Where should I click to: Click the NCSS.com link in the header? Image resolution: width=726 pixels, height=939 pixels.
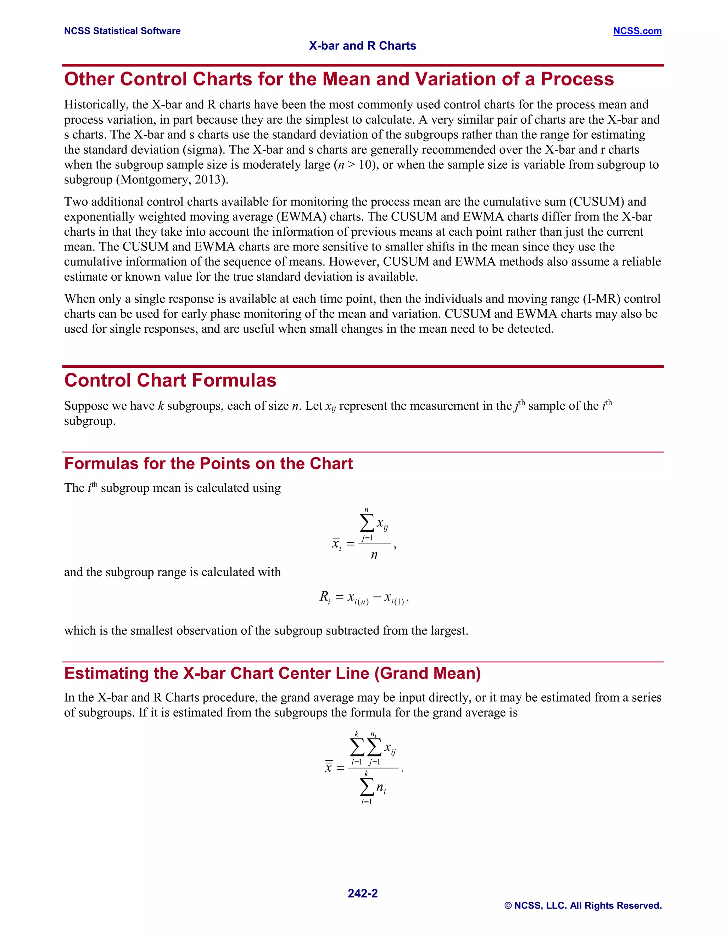click(x=637, y=31)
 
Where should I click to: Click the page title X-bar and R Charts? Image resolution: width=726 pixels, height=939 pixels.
click(x=362, y=46)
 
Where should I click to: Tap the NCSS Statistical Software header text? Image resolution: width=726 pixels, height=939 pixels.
click(x=122, y=31)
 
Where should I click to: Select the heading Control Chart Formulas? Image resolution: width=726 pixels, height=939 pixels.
click(x=170, y=381)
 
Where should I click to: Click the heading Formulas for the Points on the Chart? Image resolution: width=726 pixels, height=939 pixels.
click(x=208, y=463)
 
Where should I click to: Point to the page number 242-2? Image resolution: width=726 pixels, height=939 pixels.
click(x=362, y=893)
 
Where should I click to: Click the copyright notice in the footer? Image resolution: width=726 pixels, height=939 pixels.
click(x=583, y=905)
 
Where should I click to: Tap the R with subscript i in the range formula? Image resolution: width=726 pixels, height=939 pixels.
click(x=325, y=597)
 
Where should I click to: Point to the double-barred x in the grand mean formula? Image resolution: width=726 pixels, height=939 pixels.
click(x=329, y=767)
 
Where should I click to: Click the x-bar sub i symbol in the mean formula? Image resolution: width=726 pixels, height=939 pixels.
click(x=336, y=544)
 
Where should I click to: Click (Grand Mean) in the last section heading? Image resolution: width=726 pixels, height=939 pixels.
click(x=428, y=673)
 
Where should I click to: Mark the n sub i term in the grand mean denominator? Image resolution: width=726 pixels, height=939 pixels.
click(x=381, y=788)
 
